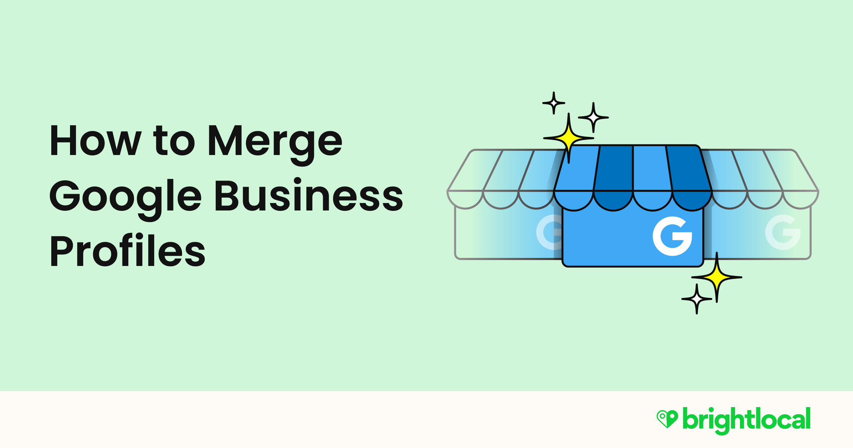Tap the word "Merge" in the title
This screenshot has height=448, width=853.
(275, 142)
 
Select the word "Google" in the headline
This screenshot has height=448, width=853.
(125, 197)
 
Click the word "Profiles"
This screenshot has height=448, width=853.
(127, 251)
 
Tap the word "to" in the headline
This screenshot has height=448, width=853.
(174, 142)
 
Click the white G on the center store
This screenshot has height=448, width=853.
(672, 236)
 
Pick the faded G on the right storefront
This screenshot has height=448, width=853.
(783, 232)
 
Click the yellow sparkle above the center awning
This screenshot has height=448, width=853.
(569, 138)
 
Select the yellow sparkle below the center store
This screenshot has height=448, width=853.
(717, 277)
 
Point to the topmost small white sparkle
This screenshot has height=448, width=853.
(554, 103)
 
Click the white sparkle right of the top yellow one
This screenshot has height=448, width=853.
(593, 117)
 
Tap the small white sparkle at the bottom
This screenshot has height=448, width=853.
(697, 299)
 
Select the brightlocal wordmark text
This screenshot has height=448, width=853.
(746, 420)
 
